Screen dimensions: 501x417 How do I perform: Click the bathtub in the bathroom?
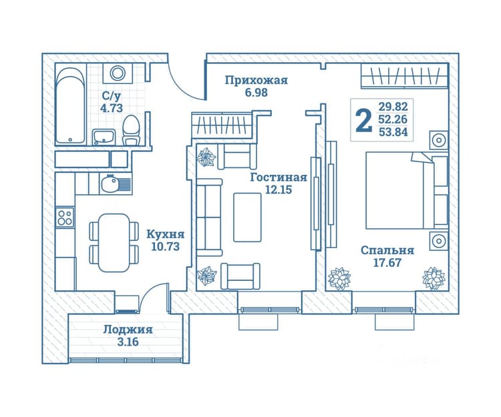coord(70,105)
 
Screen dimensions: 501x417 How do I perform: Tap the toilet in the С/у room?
coord(132,130)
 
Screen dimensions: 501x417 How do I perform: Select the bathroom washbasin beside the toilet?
coord(104,137)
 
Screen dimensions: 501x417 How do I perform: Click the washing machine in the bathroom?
coord(118,73)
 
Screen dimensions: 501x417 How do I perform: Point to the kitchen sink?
coord(115,183)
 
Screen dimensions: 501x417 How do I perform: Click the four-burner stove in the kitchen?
coord(65,218)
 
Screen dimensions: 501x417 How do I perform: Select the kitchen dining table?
coord(114,243)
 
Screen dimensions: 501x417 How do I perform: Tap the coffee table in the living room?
coord(247,218)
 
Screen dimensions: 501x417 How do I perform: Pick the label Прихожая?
coord(257,80)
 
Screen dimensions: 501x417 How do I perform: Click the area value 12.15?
coord(279,190)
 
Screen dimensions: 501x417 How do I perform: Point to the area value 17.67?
coord(387,263)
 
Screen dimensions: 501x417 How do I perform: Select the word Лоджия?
coord(128,330)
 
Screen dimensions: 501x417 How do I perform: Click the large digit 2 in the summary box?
coord(364,119)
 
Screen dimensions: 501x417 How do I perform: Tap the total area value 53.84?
coord(393,131)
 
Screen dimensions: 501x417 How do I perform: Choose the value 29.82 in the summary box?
coord(393,106)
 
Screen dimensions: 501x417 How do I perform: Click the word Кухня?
coord(166,234)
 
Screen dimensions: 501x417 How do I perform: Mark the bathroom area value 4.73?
coord(112,108)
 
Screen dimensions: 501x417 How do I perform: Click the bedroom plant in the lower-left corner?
coord(339,279)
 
